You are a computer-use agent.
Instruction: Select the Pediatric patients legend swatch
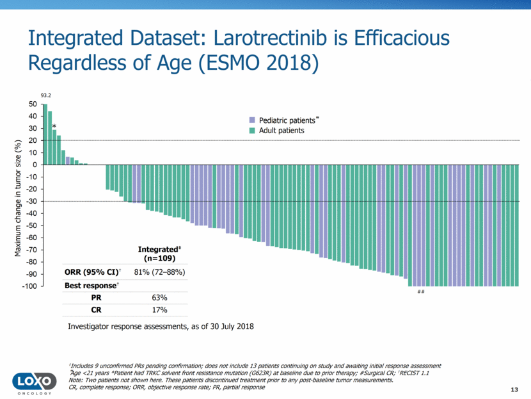[x=252, y=120]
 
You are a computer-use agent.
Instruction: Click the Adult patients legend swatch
[x=252, y=131]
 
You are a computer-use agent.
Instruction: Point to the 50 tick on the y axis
[x=33, y=104]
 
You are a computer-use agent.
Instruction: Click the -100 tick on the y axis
[x=29, y=286]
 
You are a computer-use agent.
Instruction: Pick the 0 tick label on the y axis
[x=35, y=165]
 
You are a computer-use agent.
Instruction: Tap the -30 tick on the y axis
[x=31, y=201]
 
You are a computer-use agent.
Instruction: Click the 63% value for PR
[x=159, y=297]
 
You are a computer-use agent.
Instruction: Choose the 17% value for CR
[x=159, y=310]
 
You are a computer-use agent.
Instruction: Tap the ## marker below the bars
[x=421, y=292]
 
